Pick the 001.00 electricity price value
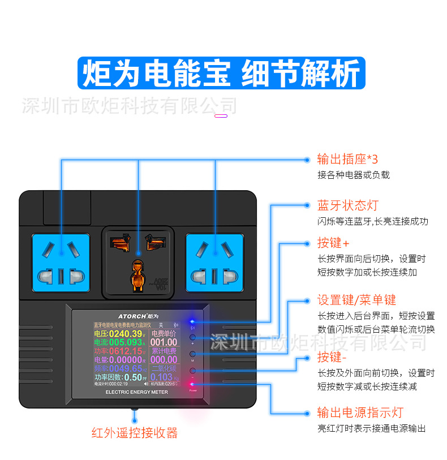click(x=164, y=342)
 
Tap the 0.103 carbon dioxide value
click(x=161, y=377)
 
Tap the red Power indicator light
click(x=193, y=384)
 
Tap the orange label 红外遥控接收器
click(x=135, y=433)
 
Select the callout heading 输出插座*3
click(x=347, y=159)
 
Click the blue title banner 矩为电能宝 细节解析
click(x=222, y=74)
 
